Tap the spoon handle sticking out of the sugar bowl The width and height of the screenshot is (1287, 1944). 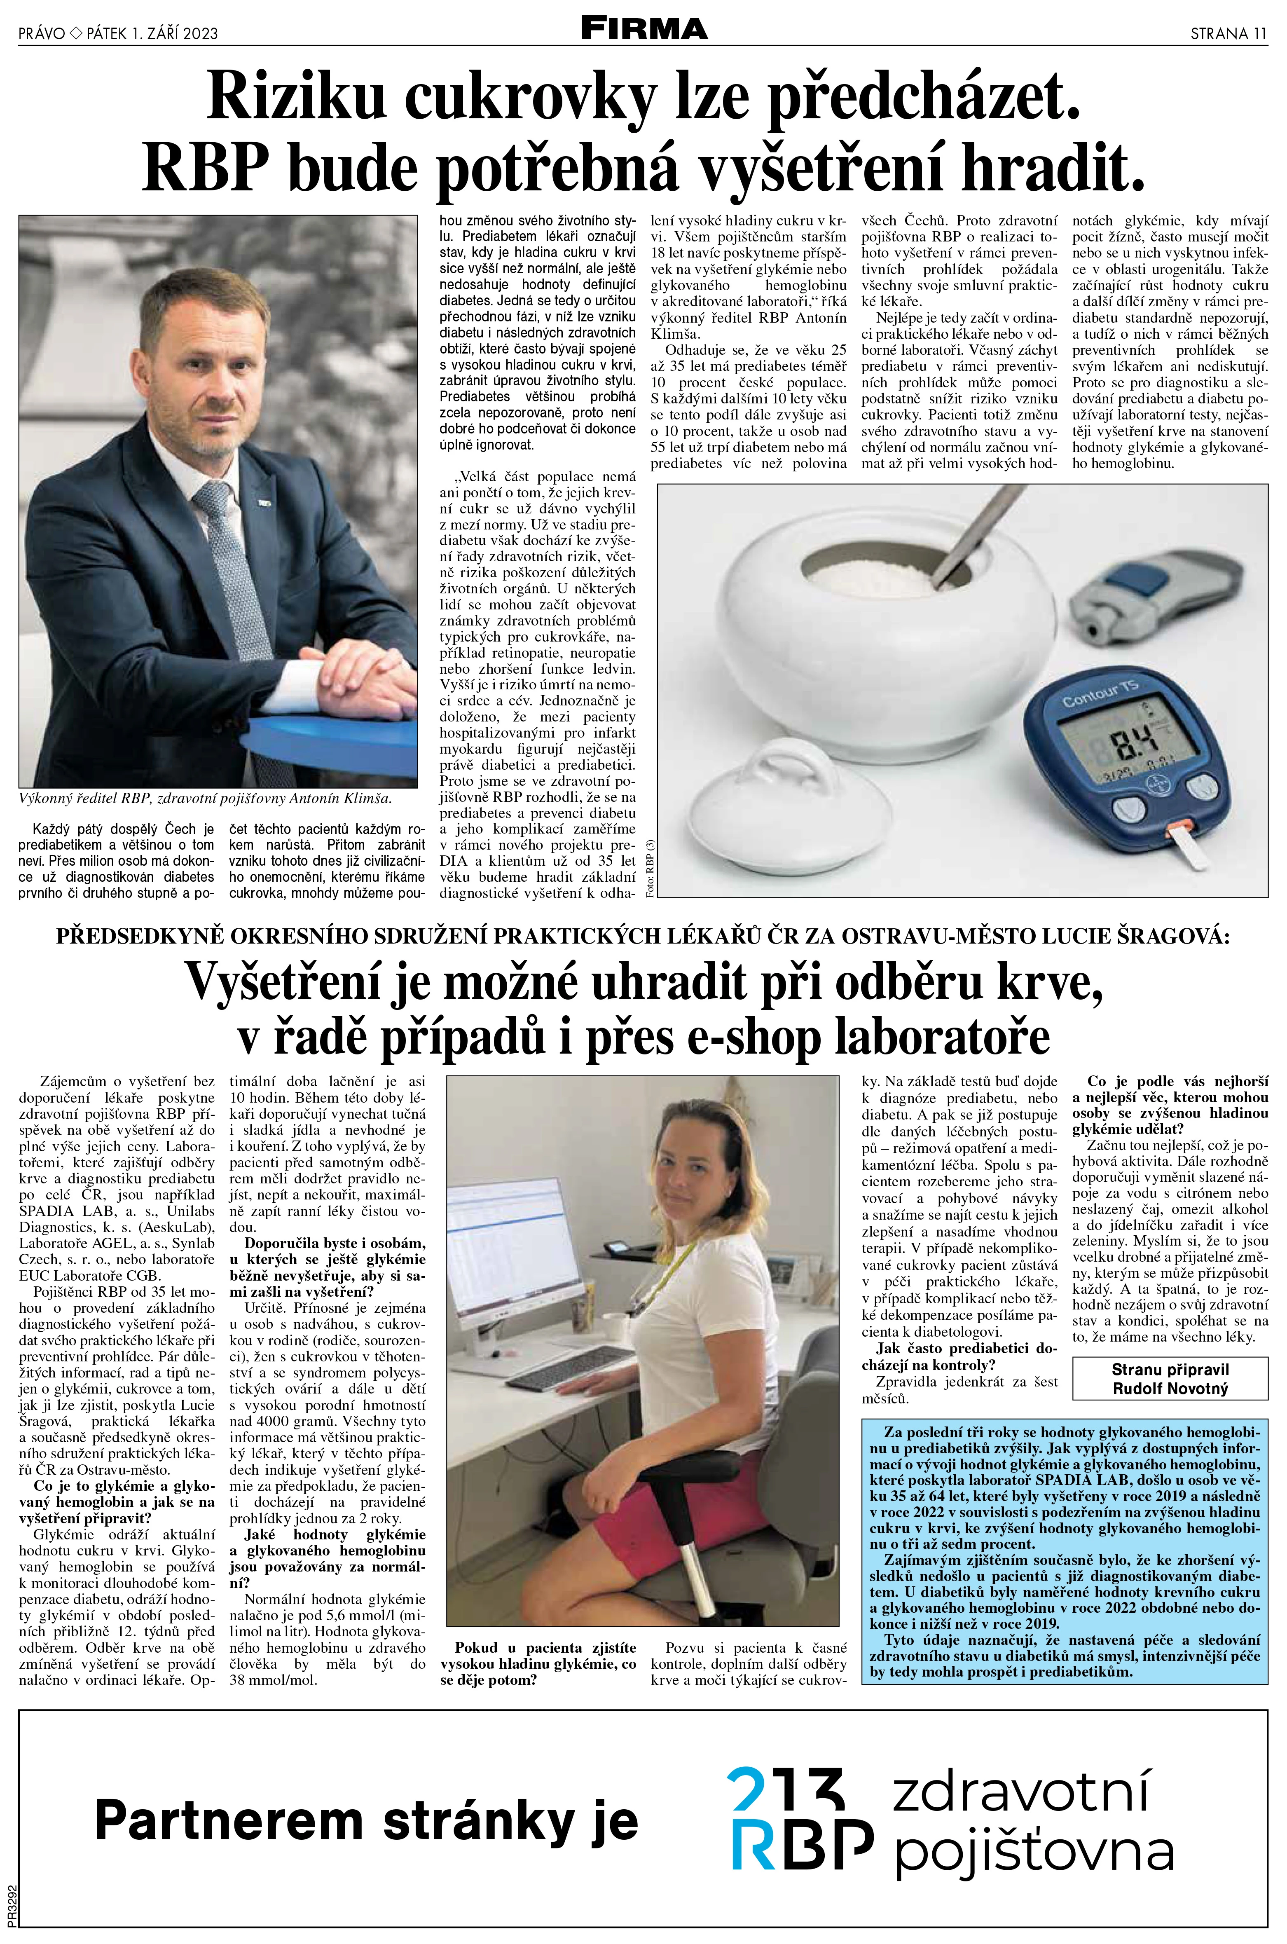[x=977, y=525]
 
